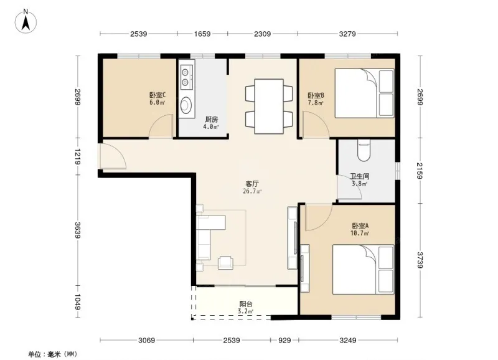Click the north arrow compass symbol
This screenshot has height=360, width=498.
click(x=26, y=21)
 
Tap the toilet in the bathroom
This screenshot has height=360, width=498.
click(x=364, y=150)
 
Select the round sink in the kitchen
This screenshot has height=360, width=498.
click(x=186, y=105)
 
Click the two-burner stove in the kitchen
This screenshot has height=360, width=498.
click(x=186, y=77)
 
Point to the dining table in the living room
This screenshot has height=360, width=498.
click(x=269, y=107)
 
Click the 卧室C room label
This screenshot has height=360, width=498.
click(x=157, y=95)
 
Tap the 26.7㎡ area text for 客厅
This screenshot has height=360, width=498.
click(x=252, y=191)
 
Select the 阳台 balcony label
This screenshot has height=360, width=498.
click(x=246, y=304)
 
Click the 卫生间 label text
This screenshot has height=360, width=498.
click(x=360, y=176)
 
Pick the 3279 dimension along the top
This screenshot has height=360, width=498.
click(x=347, y=34)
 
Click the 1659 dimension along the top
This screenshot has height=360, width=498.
click(x=202, y=34)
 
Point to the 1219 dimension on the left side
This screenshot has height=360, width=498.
click(x=77, y=156)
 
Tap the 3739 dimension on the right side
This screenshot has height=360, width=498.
click(x=420, y=260)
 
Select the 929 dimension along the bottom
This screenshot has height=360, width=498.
click(x=284, y=340)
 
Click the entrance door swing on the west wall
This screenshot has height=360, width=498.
click(x=113, y=156)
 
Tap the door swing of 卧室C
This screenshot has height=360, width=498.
click(x=161, y=126)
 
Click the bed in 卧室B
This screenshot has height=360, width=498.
click(x=365, y=93)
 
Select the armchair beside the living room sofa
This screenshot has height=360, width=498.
click(x=225, y=262)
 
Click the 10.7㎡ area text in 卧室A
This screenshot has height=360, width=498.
click(x=360, y=233)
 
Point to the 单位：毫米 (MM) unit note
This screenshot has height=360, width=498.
click(x=52, y=354)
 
